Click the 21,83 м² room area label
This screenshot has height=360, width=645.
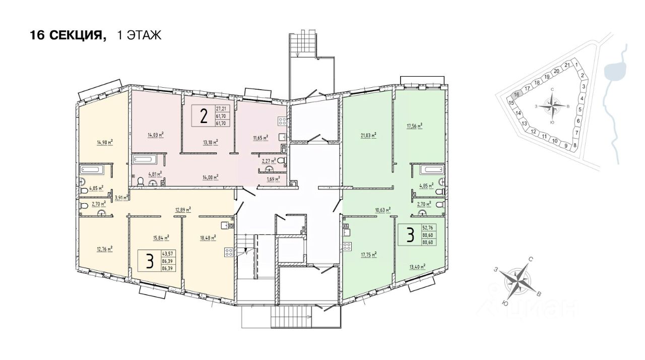[x=369, y=135]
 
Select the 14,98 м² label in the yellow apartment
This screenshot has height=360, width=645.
[x=104, y=142]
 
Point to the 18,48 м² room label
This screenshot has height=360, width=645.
[x=208, y=236]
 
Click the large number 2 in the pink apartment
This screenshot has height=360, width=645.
[x=204, y=116]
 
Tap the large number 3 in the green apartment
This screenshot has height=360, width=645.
[x=410, y=234]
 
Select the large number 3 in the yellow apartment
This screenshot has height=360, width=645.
[x=149, y=261]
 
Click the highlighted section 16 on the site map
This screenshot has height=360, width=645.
[x=516, y=94]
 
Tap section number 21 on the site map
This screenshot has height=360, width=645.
[x=567, y=65]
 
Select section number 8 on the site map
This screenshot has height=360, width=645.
[x=574, y=144]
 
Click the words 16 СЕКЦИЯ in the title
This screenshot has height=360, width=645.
[x=68, y=35]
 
